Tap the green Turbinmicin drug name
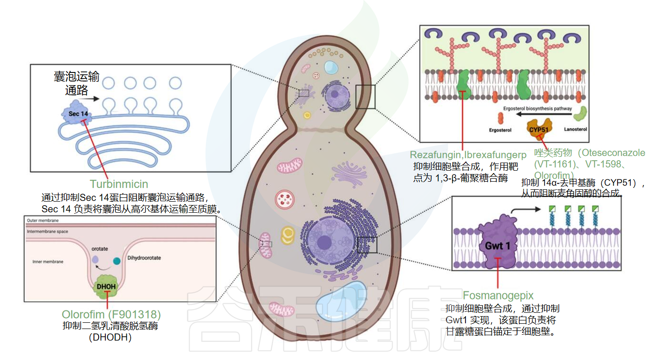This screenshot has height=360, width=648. [119, 184]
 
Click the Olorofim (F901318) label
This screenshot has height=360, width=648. [111, 315]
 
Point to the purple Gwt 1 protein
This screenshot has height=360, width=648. [497, 243]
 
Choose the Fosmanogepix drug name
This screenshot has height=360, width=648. [498, 295]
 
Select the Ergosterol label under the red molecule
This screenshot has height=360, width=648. [500, 130]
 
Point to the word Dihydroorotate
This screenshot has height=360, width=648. [144, 258]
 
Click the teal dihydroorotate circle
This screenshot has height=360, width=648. [117, 261]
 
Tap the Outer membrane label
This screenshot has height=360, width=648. [43, 221]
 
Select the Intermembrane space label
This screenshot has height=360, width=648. [48, 232]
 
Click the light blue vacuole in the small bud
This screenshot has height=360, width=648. [331, 67]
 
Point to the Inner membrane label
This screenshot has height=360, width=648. [48, 262]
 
